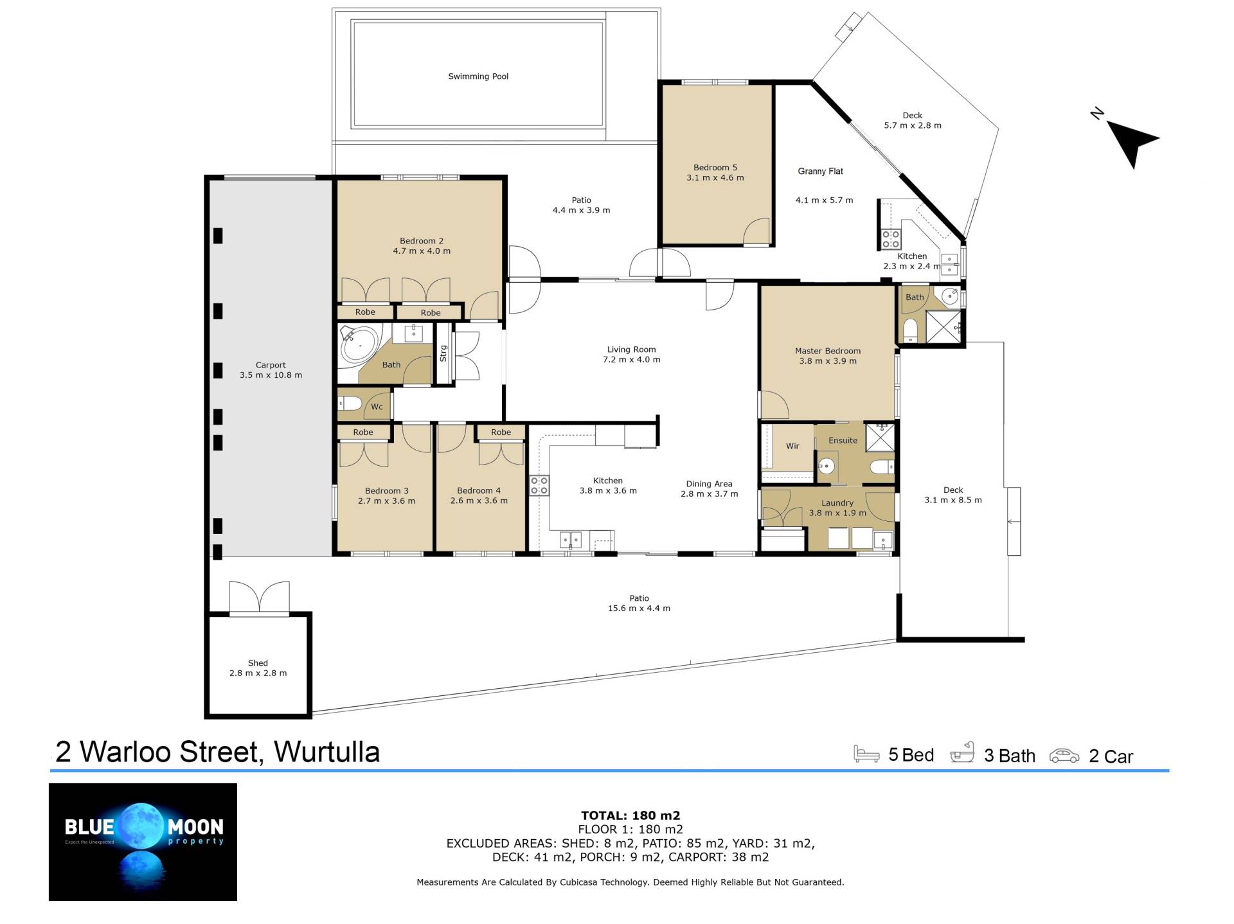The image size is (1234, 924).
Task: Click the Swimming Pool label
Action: [478, 76]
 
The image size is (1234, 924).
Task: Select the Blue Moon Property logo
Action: [143, 842]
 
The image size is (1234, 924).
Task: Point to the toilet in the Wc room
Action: [350, 404]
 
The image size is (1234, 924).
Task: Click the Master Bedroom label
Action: [828, 351]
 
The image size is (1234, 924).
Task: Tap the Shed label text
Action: [258, 663]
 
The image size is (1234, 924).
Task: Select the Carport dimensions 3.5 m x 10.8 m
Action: [271, 375]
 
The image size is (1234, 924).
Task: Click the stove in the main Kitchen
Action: [539, 485]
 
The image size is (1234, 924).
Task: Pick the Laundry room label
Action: [837, 503]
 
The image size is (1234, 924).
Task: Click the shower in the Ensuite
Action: [880, 437]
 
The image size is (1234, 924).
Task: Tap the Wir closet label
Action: [792, 446]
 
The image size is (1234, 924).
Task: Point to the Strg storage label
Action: [443, 353]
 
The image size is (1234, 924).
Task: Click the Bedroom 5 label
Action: [715, 168]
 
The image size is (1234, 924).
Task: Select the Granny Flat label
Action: [821, 172]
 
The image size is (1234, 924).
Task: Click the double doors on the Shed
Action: [259, 598]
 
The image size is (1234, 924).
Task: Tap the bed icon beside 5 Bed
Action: [866, 754]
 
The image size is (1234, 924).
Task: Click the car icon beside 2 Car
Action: [1064, 756]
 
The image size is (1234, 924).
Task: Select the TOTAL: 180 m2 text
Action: [630, 816]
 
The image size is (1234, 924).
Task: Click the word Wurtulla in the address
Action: [326, 752]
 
